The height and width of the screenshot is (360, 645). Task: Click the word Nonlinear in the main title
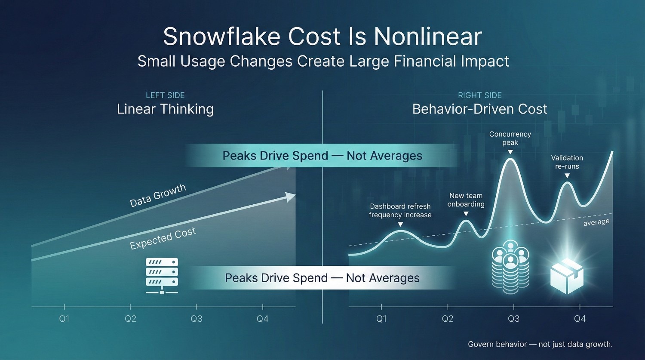point(428,37)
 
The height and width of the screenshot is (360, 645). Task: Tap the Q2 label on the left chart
point(130,319)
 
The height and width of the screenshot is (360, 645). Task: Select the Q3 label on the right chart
point(514,319)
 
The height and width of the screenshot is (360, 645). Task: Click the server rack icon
point(162,276)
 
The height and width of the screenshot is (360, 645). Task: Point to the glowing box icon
point(567,276)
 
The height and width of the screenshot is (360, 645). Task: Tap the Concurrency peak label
point(510,138)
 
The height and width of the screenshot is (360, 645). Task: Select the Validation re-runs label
point(567,162)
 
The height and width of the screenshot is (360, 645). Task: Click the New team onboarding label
point(466,200)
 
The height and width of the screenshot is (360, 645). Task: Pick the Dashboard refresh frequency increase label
point(400,210)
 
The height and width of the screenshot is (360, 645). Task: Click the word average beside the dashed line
point(596,222)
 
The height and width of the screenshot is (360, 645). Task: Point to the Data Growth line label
point(158,196)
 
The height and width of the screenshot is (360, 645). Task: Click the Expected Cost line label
point(163,238)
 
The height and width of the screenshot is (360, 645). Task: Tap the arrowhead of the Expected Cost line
point(291,197)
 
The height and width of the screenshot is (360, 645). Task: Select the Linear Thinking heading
point(165,109)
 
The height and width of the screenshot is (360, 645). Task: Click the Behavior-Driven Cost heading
point(480,109)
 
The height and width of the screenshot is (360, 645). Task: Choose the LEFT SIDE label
point(165,95)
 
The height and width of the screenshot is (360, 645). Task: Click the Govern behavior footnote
point(540,344)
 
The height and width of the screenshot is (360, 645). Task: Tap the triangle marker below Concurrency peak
point(510,152)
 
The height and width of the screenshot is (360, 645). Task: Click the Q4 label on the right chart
point(580,319)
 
